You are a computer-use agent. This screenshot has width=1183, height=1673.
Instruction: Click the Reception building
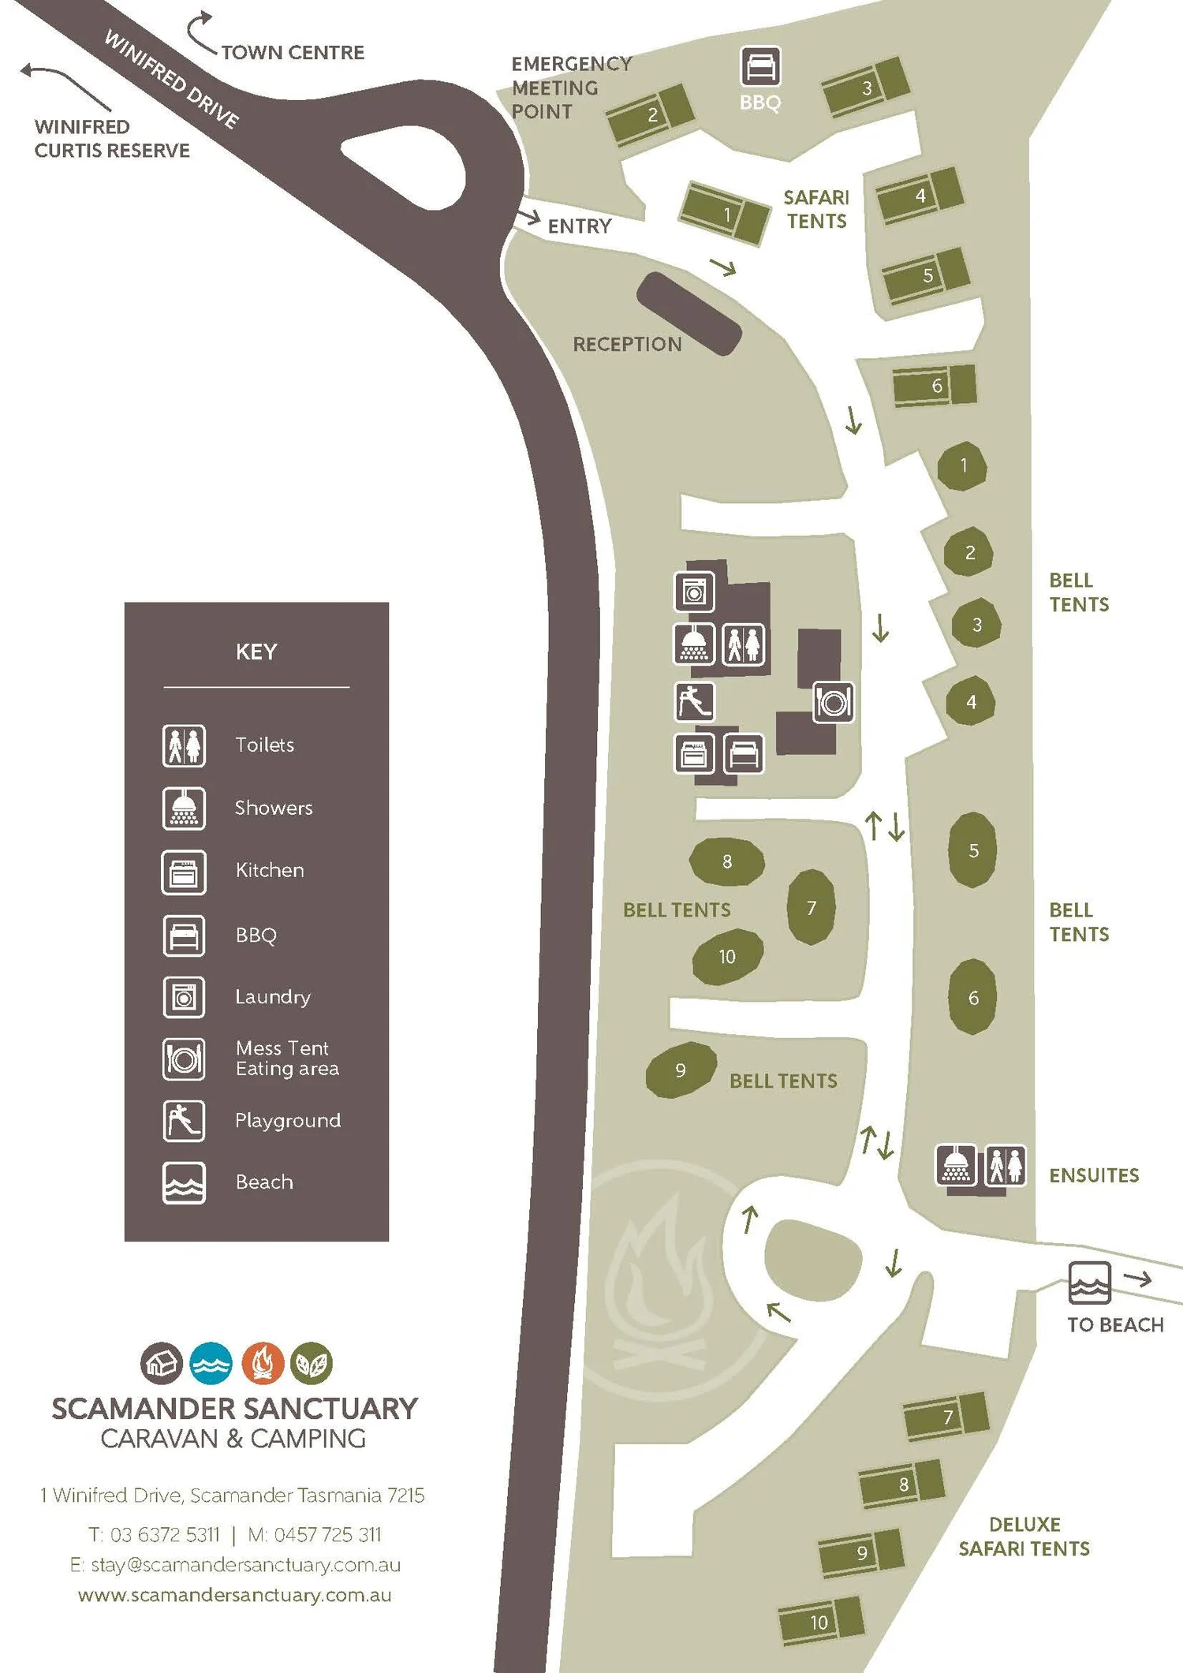coord(689,313)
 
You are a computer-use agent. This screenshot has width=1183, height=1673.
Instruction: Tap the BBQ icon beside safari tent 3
coord(760,66)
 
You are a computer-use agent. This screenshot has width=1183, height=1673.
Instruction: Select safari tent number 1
coord(724,214)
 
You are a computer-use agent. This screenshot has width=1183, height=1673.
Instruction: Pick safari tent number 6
coord(935,385)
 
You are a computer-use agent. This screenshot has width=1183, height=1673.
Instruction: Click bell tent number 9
coord(681,1070)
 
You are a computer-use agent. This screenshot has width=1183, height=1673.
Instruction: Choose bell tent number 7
coord(811,907)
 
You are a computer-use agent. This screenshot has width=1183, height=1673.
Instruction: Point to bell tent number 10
coord(727,957)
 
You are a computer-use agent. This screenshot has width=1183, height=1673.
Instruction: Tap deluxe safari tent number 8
coord(902,1484)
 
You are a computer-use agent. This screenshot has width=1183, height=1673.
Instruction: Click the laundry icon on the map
coord(694,592)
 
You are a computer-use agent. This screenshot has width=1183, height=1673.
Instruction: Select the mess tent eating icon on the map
coord(833,702)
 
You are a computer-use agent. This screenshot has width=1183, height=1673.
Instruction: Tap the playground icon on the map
coord(695,701)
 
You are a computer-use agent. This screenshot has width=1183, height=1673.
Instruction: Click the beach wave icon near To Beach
coord(1089,1282)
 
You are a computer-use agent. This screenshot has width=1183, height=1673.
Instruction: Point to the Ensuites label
coord(1093,1175)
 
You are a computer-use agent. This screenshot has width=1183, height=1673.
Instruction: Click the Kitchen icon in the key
coord(184,872)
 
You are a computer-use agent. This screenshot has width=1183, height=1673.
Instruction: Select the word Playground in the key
coord(288,1120)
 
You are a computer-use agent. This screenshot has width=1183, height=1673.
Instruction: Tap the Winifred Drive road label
coord(171,79)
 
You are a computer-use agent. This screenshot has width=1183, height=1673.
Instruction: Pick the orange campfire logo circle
coord(263,1363)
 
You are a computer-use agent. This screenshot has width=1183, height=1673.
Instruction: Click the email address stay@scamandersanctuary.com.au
coord(235,1564)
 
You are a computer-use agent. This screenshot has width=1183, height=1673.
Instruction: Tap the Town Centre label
coord(293,53)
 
